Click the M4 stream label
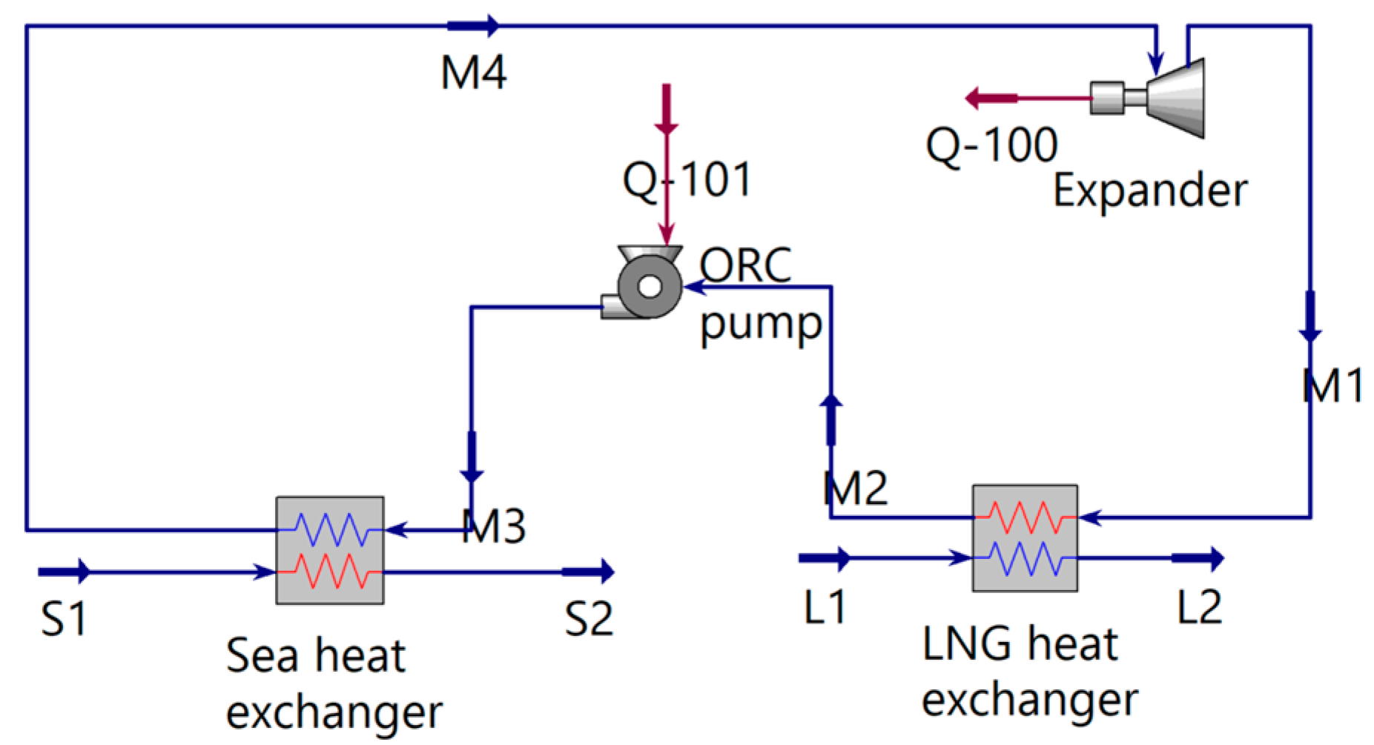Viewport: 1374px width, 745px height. click(473, 73)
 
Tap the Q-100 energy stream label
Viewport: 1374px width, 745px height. click(991, 145)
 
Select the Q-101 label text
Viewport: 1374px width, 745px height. click(687, 180)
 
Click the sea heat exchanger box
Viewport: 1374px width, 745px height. click(330, 551)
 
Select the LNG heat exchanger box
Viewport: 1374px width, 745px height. click(1025, 538)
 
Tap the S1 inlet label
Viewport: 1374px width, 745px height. click(64, 619)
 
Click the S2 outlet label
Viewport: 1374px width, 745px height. click(589, 619)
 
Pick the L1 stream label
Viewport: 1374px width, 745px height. click(825, 607)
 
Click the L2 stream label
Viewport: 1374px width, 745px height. click(1199, 607)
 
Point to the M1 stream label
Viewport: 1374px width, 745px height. click(1332, 386)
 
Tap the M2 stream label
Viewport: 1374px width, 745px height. click(856, 489)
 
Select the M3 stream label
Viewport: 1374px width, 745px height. click(494, 526)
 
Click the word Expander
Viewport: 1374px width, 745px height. click(1150, 191)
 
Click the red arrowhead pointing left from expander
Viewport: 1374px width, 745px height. click(977, 98)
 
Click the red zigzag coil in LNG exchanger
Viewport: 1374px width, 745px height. click(1025, 517)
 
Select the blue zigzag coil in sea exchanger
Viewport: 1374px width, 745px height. click(330, 529)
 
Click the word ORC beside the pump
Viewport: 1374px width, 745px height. click(745, 265)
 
